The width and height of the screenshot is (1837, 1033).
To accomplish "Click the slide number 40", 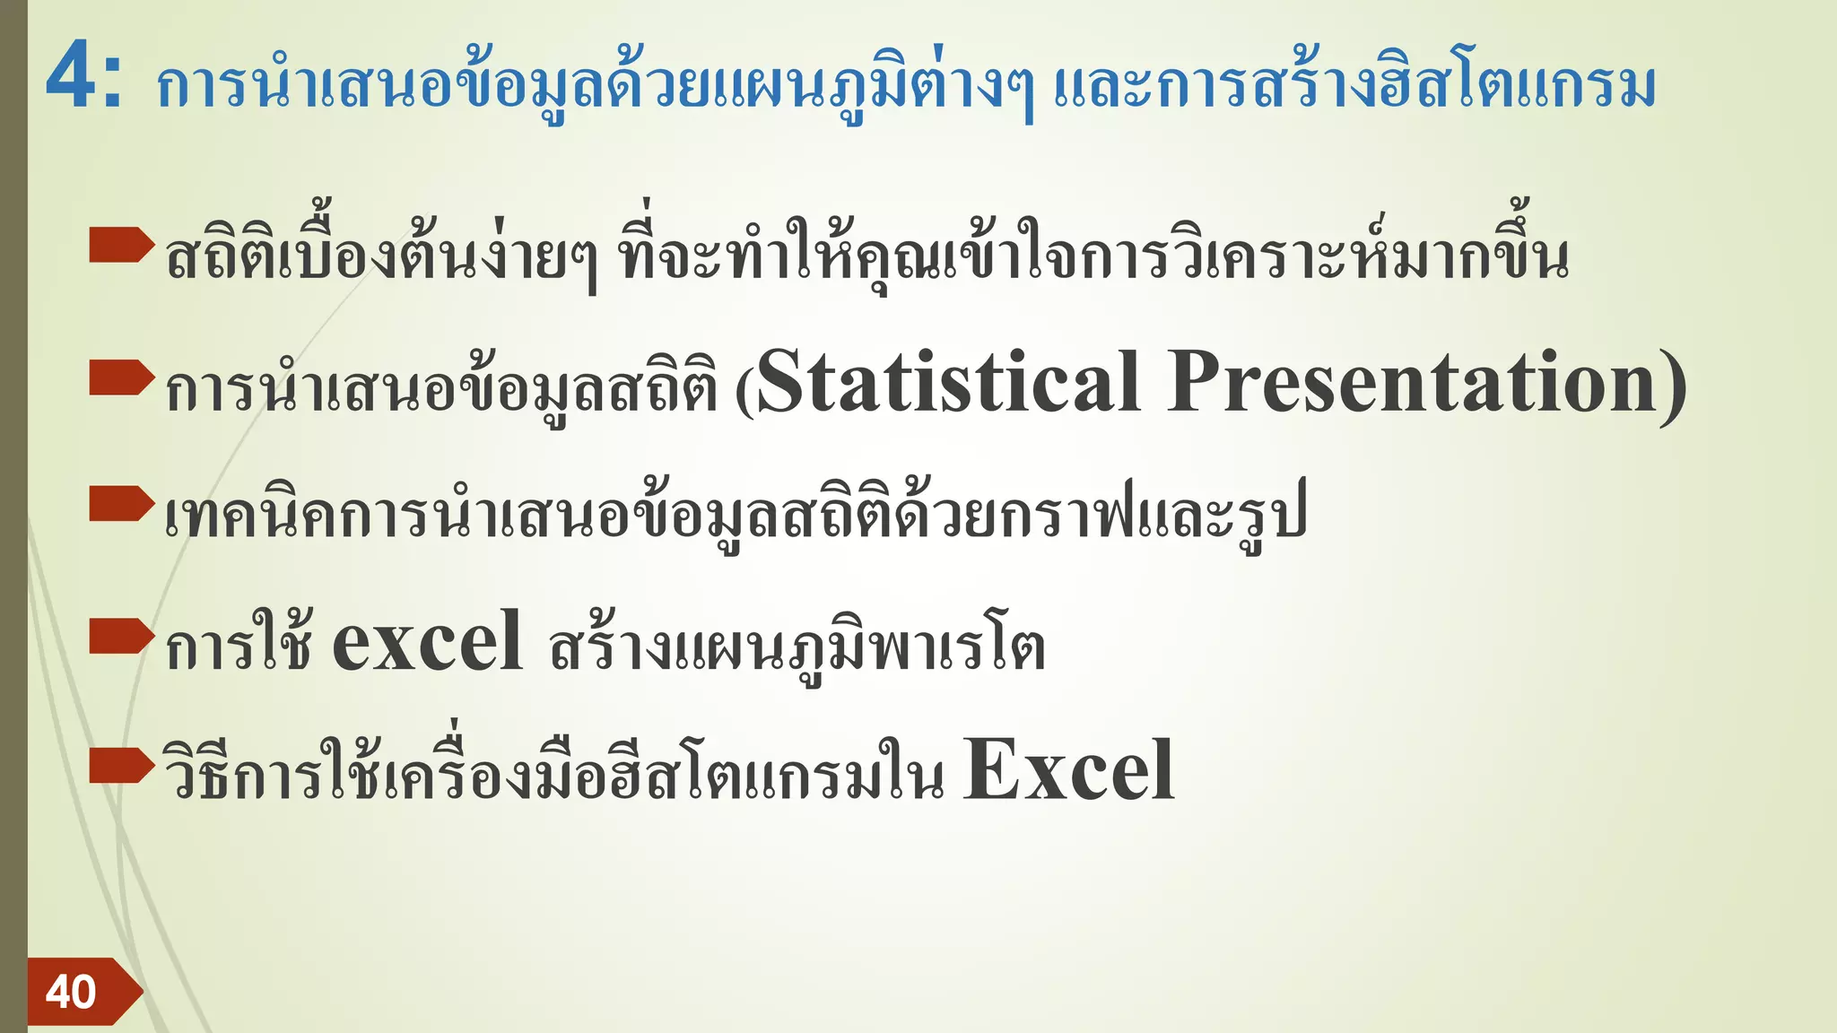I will click(71, 992).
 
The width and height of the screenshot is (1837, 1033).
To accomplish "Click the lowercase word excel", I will click(427, 640).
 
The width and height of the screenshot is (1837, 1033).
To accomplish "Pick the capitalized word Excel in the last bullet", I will click(1067, 770).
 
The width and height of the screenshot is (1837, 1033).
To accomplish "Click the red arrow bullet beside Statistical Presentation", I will click(122, 378).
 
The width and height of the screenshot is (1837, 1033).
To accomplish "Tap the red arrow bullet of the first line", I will click(122, 245).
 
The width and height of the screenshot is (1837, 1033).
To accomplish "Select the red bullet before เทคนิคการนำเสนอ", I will click(122, 503).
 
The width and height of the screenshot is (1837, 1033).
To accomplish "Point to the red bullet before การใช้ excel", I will click(122, 636).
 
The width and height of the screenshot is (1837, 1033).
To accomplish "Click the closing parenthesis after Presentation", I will click(1674, 386).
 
